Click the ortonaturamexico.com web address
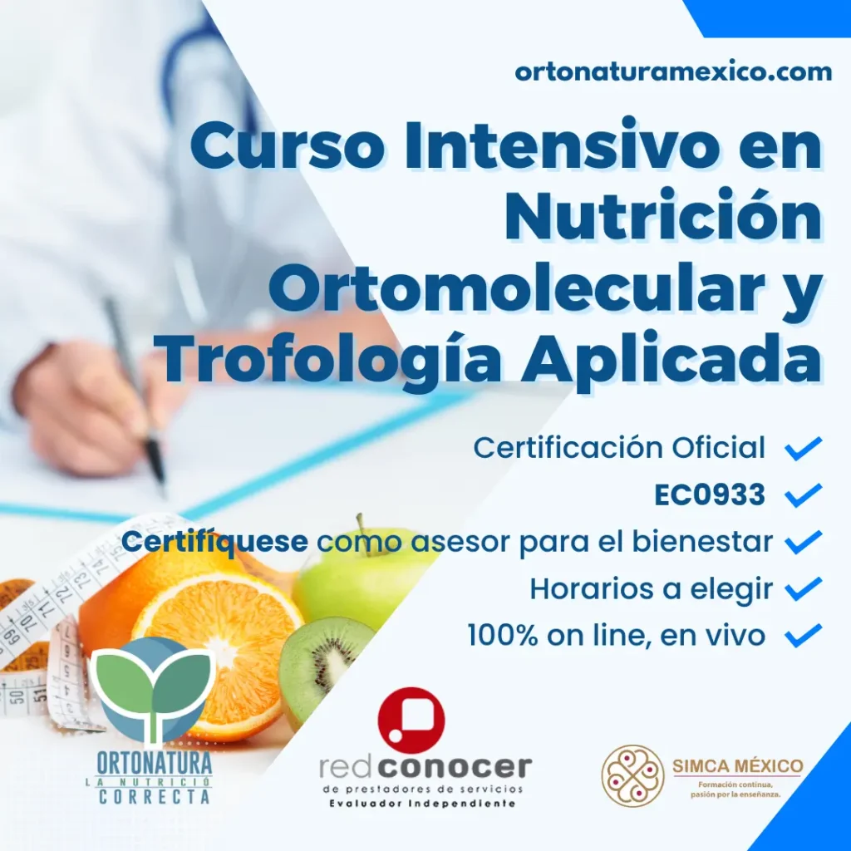(x=673, y=71)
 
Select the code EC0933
(x=710, y=494)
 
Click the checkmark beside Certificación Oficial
(x=804, y=448)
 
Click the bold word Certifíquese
(x=215, y=542)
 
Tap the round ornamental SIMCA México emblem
(x=632, y=775)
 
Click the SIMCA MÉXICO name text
(x=738, y=765)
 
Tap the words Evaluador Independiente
(x=423, y=804)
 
